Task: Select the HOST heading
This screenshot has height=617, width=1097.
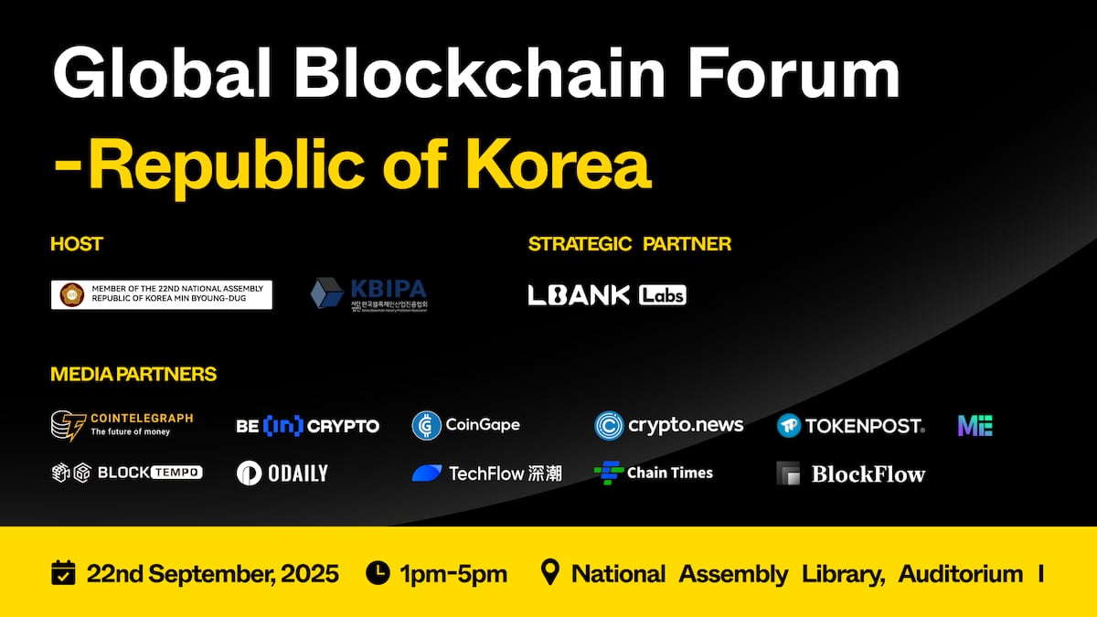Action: pyautogui.click(x=77, y=244)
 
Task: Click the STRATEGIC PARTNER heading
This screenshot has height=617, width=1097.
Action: pyautogui.click(x=630, y=244)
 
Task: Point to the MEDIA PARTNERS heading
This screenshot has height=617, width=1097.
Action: pyautogui.click(x=133, y=374)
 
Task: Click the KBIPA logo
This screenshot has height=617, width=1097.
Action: pyautogui.click(x=368, y=294)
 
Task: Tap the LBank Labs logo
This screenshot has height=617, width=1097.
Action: pyautogui.click(x=607, y=294)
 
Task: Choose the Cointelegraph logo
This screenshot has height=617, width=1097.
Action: pyautogui.click(x=122, y=424)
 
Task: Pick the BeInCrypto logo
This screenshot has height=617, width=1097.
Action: pyautogui.click(x=307, y=426)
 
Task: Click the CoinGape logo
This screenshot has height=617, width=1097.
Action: pyautogui.click(x=465, y=425)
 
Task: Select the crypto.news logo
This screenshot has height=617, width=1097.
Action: pyautogui.click(x=668, y=425)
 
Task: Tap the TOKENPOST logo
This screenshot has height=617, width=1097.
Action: pyautogui.click(x=850, y=425)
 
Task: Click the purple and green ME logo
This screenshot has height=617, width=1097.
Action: pyautogui.click(x=975, y=425)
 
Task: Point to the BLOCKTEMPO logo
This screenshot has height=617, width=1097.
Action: pyautogui.click(x=126, y=473)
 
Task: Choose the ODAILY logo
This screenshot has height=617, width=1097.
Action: pyautogui.click(x=282, y=473)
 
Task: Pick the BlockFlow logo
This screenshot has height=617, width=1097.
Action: pyautogui.click(x=850, y=473)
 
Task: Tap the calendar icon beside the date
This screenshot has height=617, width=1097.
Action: pyautogui.click(x=63, y=573)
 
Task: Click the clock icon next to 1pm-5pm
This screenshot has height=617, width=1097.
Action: pyautogui.click(x=378, y=573)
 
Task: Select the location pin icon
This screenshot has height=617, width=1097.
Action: pyautogui.click(x=549, y=573)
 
